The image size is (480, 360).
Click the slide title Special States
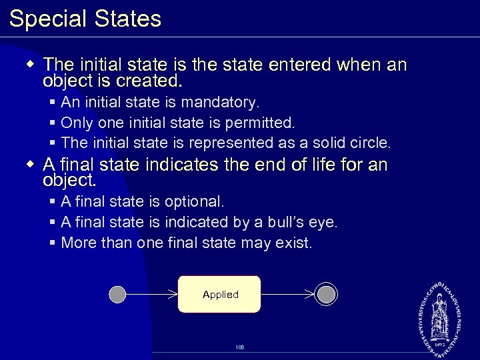point(85,19)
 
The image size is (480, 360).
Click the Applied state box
point(219,294)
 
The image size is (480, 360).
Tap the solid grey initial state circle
point(117,294)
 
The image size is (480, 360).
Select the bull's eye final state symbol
point(327,294)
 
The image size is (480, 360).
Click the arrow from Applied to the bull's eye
point(287,294)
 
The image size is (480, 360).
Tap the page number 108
point(240,347)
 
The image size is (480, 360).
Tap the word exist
point(293,243)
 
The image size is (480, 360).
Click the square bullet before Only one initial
point(53,123)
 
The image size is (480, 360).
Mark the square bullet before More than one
point(53,243)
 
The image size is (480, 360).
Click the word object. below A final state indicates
point(69,181)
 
